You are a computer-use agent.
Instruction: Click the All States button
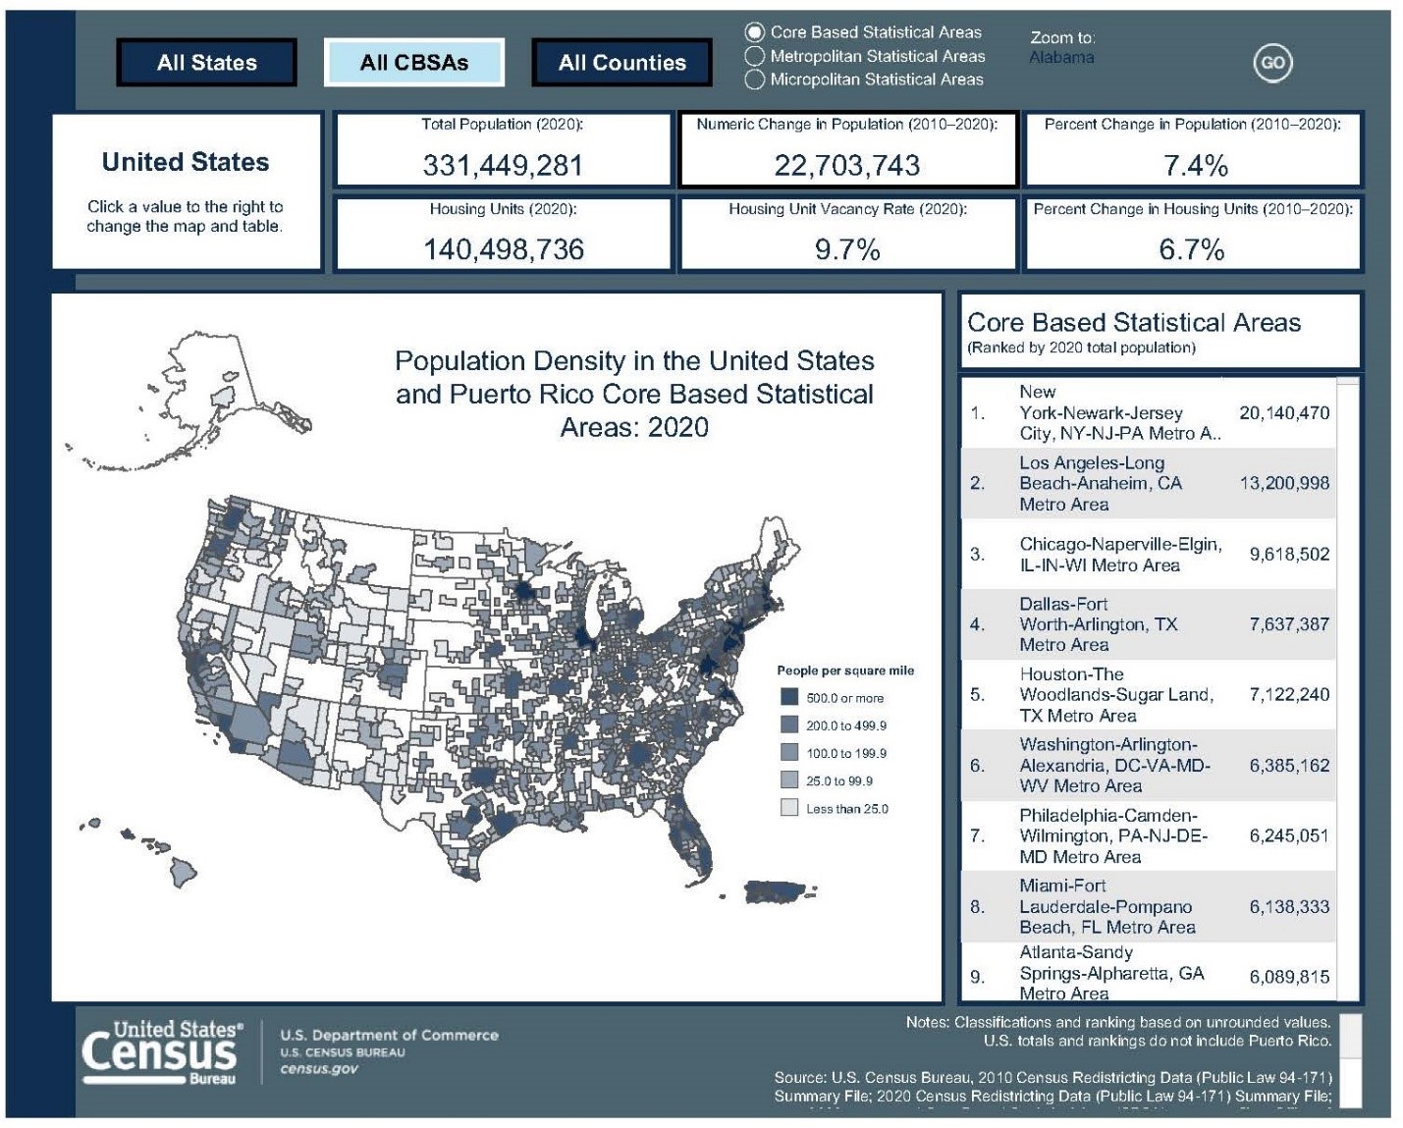click(206, 63)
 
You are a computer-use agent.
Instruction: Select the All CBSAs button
click(413, 63)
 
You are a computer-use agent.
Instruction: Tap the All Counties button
click(621, 63)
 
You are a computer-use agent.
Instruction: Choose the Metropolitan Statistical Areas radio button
click(755, 56)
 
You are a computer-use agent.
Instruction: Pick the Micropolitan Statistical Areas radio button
click(755, 80)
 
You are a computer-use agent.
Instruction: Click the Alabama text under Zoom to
click(1060, 58)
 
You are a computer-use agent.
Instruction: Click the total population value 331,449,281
click(503, 165)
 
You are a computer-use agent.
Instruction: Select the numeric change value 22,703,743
click(846, 165)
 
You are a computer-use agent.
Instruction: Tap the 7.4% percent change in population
click(1195, 165)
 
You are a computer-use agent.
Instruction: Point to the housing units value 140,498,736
click(503, 249)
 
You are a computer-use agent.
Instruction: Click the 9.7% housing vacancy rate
click(846, 249)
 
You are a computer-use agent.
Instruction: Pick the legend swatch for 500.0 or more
click(789, 697)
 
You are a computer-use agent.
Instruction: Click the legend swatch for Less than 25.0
click(789, 808)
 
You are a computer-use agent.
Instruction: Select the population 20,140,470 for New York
click(1283, 413)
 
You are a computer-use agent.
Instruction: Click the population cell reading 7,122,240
click(1288, 695)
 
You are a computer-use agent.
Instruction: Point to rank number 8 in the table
click(977, 906)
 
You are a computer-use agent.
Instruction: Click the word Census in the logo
click(160, 1053)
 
